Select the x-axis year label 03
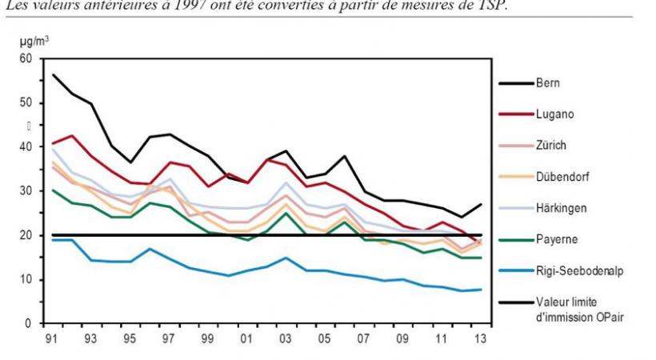(286, 338)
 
